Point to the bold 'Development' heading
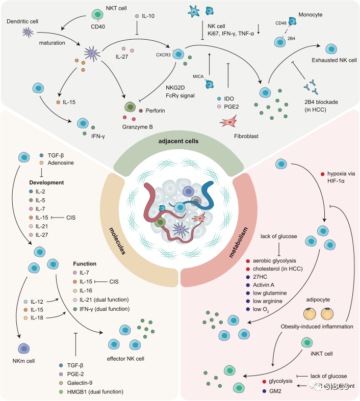tap(46, 182)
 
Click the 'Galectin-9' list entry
tap(82, 383)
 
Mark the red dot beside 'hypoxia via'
tap(322, 175)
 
